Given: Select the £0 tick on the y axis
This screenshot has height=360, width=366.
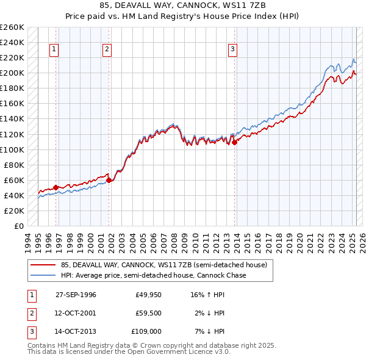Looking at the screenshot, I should click(19, 226).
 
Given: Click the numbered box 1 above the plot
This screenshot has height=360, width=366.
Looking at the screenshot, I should click(54, 50).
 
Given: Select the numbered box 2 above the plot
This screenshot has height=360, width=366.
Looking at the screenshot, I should click(107, 50).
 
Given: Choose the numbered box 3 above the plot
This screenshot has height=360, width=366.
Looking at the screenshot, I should click(232, 50).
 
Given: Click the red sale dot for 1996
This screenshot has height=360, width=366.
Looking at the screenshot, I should click(56, 187).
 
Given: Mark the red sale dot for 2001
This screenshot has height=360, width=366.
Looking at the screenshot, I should click(109, 180).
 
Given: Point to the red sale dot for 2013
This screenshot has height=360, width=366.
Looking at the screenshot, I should click(234, 142).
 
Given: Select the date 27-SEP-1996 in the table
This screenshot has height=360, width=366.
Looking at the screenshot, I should click(76, 294).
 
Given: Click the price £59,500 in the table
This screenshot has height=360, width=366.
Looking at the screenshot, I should click(148, 313).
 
